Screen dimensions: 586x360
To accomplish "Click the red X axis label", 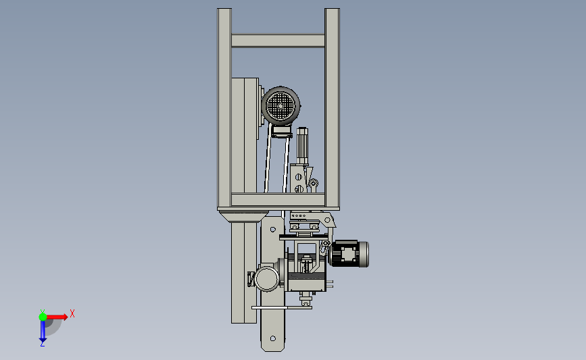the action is click(72, 313).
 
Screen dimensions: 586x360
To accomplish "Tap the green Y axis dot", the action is click(43, 317).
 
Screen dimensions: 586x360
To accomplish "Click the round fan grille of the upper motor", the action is click(280, 105).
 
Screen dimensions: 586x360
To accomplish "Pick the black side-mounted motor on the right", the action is click(349, 254).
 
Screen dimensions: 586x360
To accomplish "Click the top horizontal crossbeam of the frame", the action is click(278, 41).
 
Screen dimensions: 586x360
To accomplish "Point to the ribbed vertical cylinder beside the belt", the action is click(302, 146).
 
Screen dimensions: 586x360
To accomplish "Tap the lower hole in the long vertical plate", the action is click(273, 338).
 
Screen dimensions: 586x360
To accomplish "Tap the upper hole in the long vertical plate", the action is click(273, 229).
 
